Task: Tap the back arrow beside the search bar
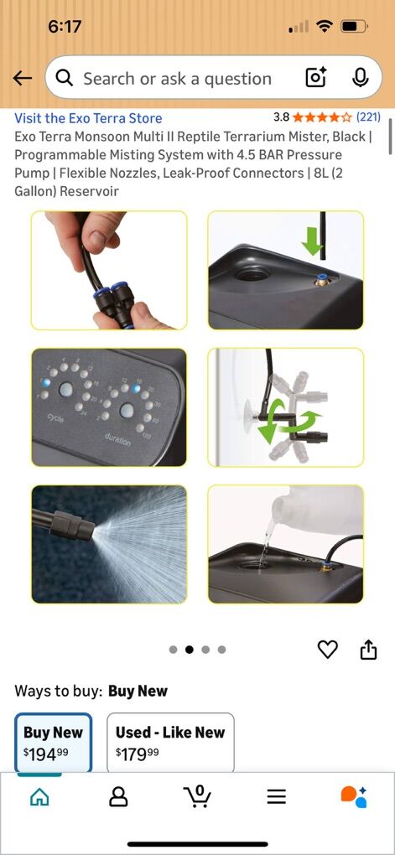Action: tap(22, 79)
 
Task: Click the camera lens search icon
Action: tap(316, 78)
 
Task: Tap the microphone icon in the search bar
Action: tap(360, 78)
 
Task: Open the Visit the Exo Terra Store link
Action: tap(88, 118)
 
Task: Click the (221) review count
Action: tap(368, 117)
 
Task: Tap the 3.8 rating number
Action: tap(281, 117)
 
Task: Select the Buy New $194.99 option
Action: tap(53, 742)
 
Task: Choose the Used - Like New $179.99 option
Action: tap(170, 742)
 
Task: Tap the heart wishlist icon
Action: tap(327, 649)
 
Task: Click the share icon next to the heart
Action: tap(369, 649)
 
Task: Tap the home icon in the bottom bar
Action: tap(39, 797)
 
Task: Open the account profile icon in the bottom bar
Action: tap(118, 796)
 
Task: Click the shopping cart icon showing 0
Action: tap(197, 796)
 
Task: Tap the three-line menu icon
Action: tap(277, 797)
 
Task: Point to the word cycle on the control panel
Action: tap(55, 418)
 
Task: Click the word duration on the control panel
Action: tap(118, 440)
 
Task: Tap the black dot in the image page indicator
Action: tap(190, 650)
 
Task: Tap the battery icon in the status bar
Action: tap(355, 26)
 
